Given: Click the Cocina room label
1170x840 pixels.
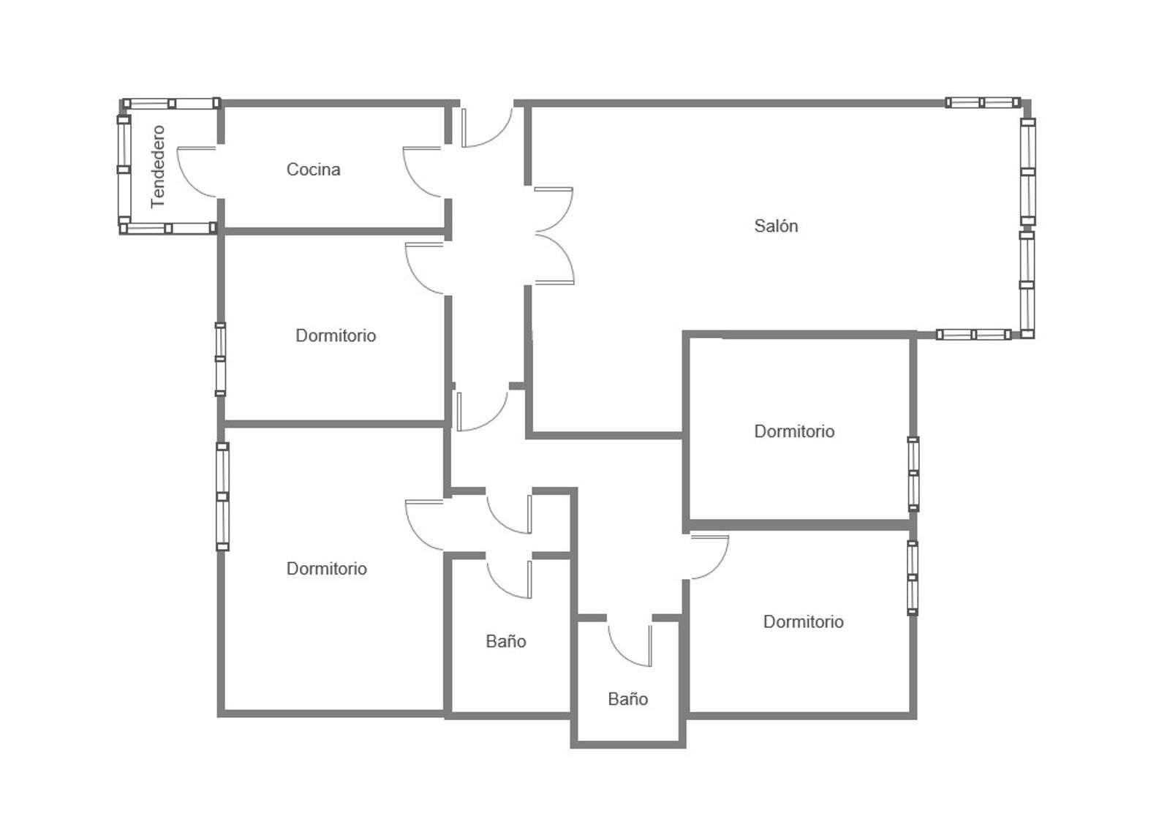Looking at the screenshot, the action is (x=314, y=169).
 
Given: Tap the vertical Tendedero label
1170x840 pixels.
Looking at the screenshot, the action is (x=158, y=167).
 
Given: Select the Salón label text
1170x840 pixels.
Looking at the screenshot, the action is (x=776, y=225).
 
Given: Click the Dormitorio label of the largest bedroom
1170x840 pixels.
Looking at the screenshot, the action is (x=326, y=568).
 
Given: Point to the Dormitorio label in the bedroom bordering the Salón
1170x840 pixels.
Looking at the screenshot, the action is (x=794, y=431).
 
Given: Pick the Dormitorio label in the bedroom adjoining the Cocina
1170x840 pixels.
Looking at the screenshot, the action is (x=336, y=335).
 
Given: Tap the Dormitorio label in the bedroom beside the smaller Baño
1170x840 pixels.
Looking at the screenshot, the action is (x=804, y=621).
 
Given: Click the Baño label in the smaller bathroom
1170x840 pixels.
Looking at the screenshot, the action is (x=628, y=698).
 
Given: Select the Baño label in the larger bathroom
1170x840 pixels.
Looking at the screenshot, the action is (x=505, y=641).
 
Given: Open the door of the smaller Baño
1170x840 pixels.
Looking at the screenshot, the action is (x=630, y=646).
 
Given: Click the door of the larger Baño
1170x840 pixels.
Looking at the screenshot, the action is (x=509, y=579).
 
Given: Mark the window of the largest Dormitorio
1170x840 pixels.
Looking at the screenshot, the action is (x=222, y=496).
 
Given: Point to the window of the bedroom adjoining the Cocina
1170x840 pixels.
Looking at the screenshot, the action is (x=220, y=360).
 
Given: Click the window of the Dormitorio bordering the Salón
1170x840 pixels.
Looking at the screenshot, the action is (x=913, y=474).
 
